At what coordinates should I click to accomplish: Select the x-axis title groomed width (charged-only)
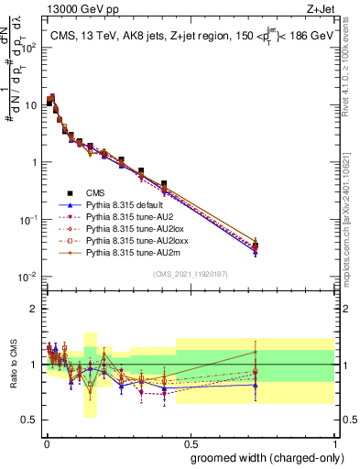point(262,457)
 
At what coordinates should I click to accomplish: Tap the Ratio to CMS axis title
point(12,365)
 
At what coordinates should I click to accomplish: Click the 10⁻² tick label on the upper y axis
point(27,277)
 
